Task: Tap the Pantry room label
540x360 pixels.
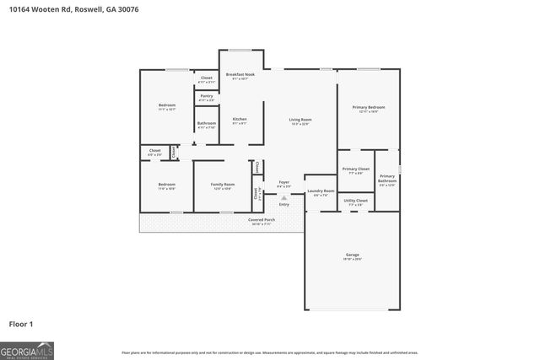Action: pyautogui.click(x=207, y=97)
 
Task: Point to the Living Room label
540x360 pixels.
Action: pyautogui.click(x=300, y=121)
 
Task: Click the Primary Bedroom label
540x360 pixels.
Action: pyautogui.click(x=368, y=109)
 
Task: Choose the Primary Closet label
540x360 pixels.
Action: pyautogui.click(x=355, y=170)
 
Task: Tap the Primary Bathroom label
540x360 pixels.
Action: pyautogui.click(x=386, y=178)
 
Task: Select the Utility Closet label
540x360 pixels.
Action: pyautogui.click(x=355, y=201)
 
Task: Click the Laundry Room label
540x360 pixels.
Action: pyautogui.click(x=321, y=192)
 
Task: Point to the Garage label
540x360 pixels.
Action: pyautogui.click(x=352, y=255)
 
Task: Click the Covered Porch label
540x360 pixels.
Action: pyautogui.click(x=260, y=221)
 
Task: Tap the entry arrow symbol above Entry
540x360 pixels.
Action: pyautogui.click(x=283, y=197)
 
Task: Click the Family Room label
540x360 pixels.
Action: pyautogui.click(x=223, y=185)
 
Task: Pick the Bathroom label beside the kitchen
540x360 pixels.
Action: pyautogui.click(x=207, y=125)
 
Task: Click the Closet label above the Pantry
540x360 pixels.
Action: pyautogui.click(x=207, y=79)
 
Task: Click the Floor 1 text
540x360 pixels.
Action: pyautogui.click(x=21, y=323)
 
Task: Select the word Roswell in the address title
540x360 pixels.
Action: pyautogui.click(x=88, y=9)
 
